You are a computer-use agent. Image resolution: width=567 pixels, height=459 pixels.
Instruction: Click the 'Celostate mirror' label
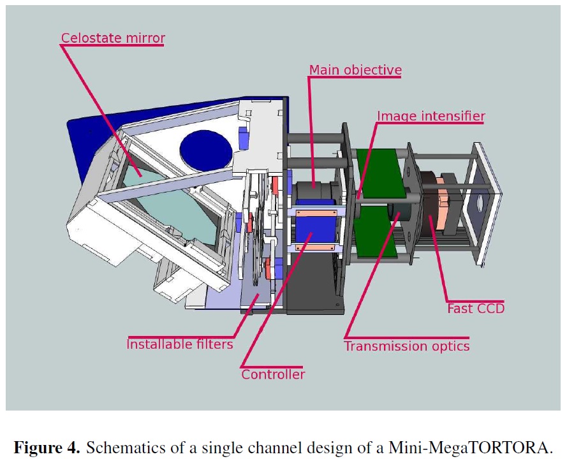click(x=113, y=38)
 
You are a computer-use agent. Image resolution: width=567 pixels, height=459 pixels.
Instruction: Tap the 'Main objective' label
click(x=355, y=69)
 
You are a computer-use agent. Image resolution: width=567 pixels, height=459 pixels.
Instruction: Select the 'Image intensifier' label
click(x=431, y=116)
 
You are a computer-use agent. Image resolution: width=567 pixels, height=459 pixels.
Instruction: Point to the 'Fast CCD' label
click(x=476, y=309)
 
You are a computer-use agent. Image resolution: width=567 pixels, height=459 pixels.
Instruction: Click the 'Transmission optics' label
click(x=407, y=346)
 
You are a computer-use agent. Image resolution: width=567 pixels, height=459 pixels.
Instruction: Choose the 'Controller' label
click(x=273, y=374)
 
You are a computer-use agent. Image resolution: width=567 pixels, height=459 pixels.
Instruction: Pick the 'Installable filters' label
click(x=180, y=344)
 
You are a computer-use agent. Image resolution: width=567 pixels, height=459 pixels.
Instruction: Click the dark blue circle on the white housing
click(x=206, y=150)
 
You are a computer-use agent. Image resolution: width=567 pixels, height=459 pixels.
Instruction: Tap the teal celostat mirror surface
click(x=173, y=206)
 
